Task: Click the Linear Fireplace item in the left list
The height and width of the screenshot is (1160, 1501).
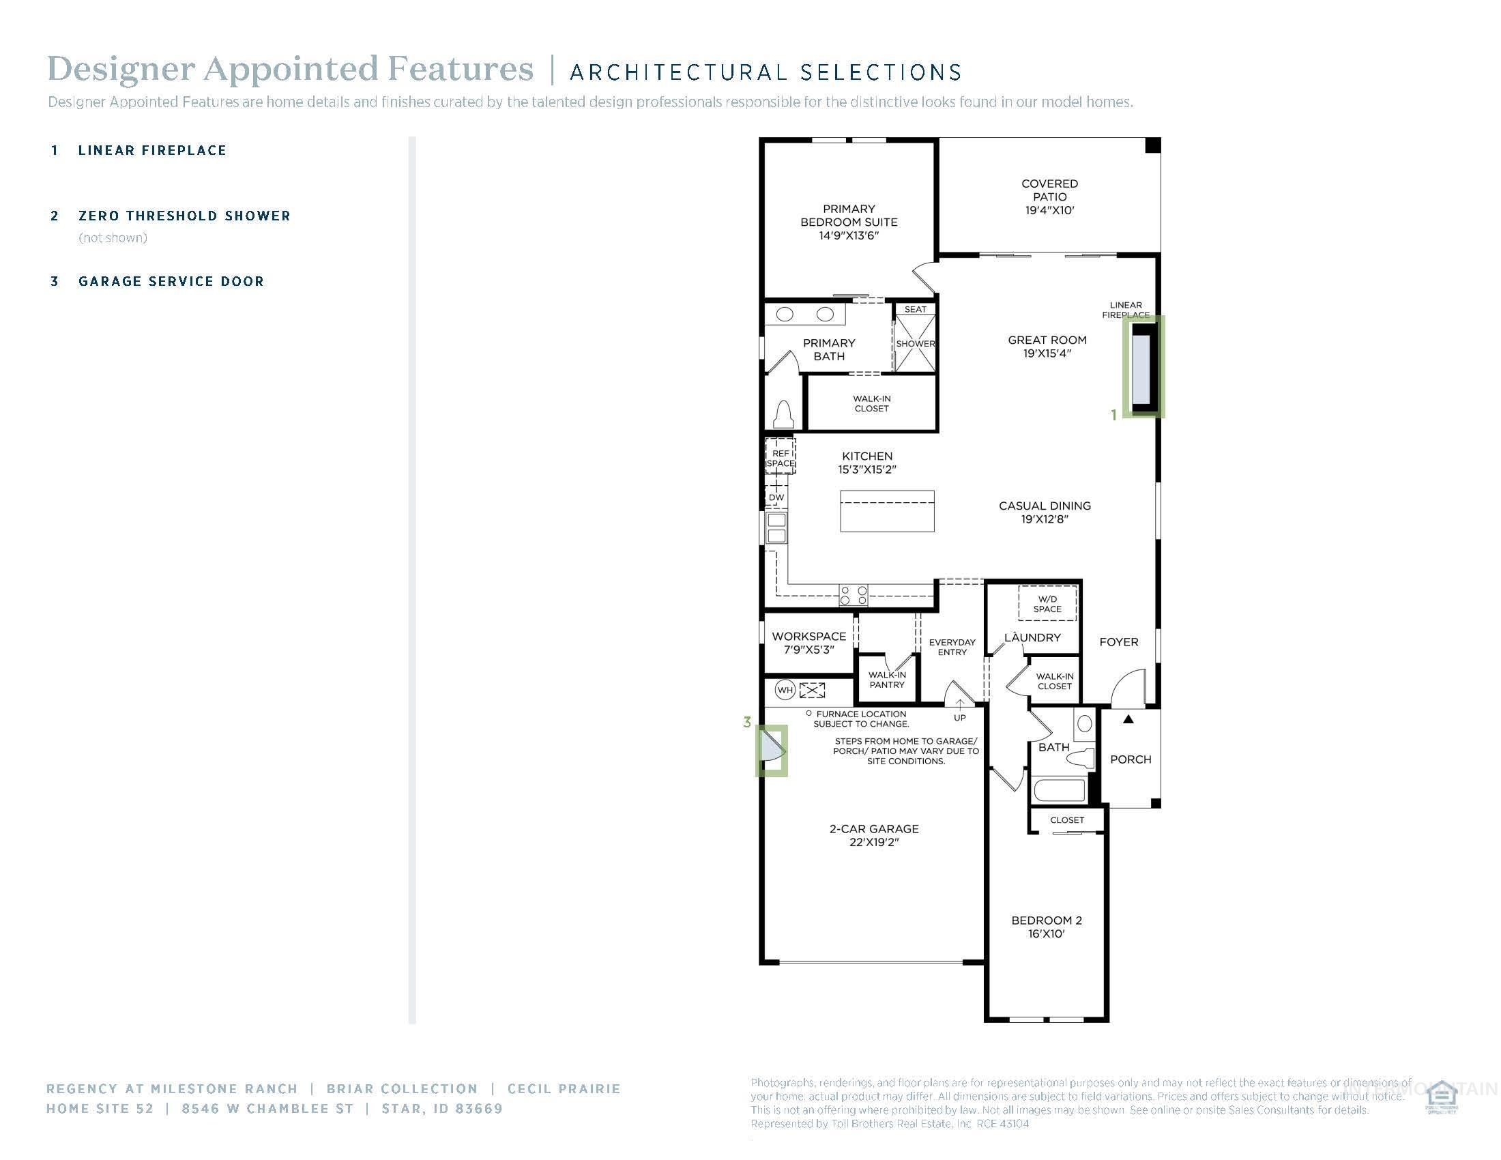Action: [x=152, y=151]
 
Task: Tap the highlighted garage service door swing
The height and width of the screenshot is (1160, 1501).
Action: [x=772, y=751]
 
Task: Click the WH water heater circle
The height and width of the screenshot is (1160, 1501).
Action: [x=785, y=690]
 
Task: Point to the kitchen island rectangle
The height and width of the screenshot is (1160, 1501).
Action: [x=886, y=510]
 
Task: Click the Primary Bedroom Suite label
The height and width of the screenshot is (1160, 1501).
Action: [x=849, y=221]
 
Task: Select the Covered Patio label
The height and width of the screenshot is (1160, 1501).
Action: [x=1049, y=197]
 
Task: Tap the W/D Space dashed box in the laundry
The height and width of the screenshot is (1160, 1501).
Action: [x=1047, y=604]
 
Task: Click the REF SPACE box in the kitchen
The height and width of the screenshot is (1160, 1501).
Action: [x=780, y=457]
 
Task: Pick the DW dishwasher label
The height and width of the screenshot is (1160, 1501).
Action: [x=776, y=497]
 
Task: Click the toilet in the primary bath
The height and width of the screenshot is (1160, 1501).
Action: [x=784, y=415]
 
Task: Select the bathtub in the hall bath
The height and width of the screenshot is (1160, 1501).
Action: [x=1059, y=790]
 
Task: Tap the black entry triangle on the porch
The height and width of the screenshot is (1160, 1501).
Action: [x=1128, y=719]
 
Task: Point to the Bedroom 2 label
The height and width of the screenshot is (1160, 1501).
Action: [x=1046, y=927]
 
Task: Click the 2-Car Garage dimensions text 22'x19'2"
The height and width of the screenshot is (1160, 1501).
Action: [x=873, y=842]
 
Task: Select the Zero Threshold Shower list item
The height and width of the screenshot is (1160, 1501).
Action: [x=184, y=216]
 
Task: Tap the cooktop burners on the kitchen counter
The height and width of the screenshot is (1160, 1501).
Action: [x=854, y=595]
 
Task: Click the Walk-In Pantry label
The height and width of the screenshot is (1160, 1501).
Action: [x=886, y=680]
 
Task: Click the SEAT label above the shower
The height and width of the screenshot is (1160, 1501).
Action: [x=915, y=309]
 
